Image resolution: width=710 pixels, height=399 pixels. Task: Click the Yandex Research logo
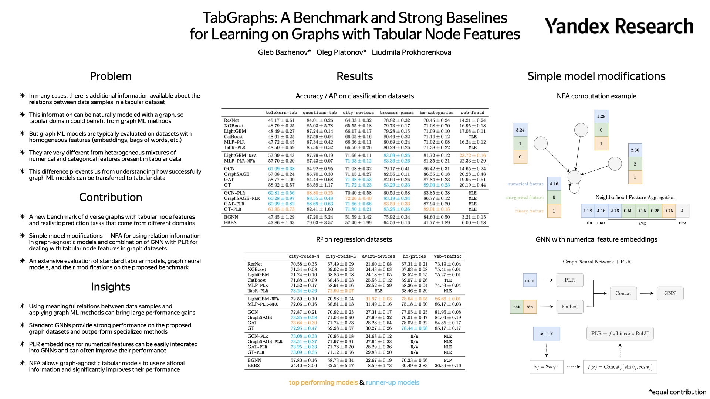[x=619, y=26]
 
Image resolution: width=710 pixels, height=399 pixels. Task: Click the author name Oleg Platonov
[x=341, y=52]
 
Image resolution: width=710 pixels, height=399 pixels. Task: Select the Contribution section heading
[x=111, y=197]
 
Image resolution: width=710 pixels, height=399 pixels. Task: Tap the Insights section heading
[x=111, y=287]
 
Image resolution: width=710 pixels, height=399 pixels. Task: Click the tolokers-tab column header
[x=281, y=113]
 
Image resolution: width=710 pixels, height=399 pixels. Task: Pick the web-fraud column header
[x=472, y=113]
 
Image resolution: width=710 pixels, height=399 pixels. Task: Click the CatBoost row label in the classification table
[x=233, y=137]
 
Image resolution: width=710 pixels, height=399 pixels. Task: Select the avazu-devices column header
[x=378, y=256]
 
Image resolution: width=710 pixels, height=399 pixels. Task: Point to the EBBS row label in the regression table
[x=254, y=366]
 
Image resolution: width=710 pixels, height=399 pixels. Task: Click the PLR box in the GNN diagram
[x=569, y=280]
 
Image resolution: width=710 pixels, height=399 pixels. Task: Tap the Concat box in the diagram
[x=623, y=293]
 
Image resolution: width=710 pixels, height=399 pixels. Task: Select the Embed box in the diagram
[x=569, y=307]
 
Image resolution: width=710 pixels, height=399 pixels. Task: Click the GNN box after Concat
[x=670, y=293]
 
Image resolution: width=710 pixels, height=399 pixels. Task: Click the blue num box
[x=530, y=280]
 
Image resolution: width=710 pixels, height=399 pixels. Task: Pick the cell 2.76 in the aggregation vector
[x=615, y=211]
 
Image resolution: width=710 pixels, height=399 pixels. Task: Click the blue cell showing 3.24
[x=520, y=130]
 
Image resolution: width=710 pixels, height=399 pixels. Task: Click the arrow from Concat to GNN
[x=647, y=293]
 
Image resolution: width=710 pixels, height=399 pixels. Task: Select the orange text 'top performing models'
[x=323, y=382]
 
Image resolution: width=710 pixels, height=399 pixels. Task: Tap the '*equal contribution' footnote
[x=677, y=392]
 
